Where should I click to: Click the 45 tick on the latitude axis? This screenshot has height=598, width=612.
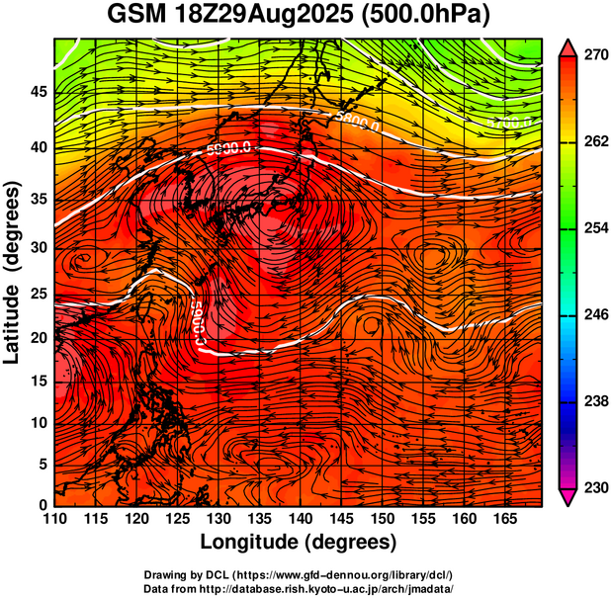tap(37, 92)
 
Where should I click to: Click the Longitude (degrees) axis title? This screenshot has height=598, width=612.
tap(299, 542)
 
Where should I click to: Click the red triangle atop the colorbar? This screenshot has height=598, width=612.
tap(568, 46)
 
